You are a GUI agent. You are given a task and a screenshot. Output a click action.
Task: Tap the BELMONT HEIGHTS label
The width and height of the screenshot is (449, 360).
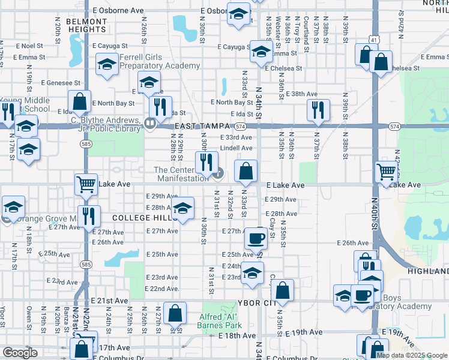point(86,25)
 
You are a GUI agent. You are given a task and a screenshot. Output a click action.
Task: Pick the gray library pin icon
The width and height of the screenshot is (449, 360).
point(150,124)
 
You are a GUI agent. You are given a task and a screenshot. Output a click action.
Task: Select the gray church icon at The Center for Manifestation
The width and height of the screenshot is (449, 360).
point(218,174)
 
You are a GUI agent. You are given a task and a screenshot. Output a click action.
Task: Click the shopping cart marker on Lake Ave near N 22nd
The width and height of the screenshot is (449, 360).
point(86,184)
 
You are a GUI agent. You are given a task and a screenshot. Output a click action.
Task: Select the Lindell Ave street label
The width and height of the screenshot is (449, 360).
point(236,148)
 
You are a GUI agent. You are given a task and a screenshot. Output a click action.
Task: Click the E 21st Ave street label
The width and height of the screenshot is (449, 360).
point(109,300)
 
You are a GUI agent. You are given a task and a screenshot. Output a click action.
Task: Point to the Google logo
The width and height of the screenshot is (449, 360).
point(20,353)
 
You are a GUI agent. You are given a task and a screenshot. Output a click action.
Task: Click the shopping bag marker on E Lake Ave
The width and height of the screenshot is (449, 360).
point(246,172)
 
